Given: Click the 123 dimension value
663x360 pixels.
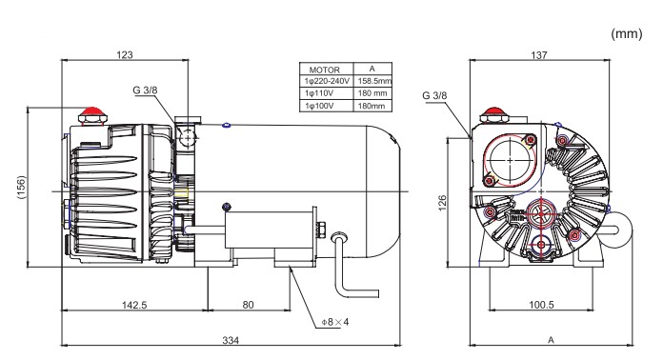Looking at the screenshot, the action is tap(124, 54).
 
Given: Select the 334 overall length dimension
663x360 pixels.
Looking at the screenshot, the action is tap(231, 340).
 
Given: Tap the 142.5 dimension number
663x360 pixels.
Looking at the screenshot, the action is tap(134, 305).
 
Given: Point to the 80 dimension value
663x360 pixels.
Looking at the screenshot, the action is tap(249, 305).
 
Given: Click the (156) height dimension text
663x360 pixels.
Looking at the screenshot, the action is tap(21, 187).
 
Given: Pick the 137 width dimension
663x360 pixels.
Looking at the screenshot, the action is tap(539, 55).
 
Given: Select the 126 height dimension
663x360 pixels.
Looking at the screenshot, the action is tap(442, 203).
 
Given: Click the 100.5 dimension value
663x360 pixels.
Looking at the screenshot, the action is tap(541, 305).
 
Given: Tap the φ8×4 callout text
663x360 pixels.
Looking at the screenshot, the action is tap(335, 322).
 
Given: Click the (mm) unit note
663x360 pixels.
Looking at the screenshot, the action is tap(627, 33).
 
